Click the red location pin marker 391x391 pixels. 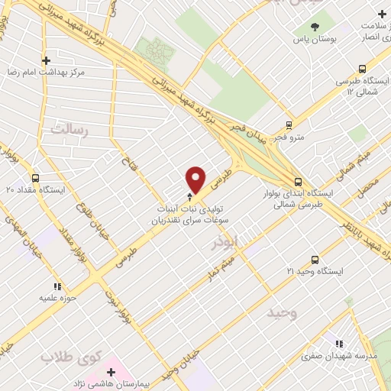coord(196,179)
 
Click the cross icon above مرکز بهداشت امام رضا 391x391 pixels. coord(46,60)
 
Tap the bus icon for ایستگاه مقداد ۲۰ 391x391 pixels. coord(34,175)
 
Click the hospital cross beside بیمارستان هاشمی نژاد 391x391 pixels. coord(111,373)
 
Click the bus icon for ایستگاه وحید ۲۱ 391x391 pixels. coord(314,260)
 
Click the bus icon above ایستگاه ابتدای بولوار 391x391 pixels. coord(298,182)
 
